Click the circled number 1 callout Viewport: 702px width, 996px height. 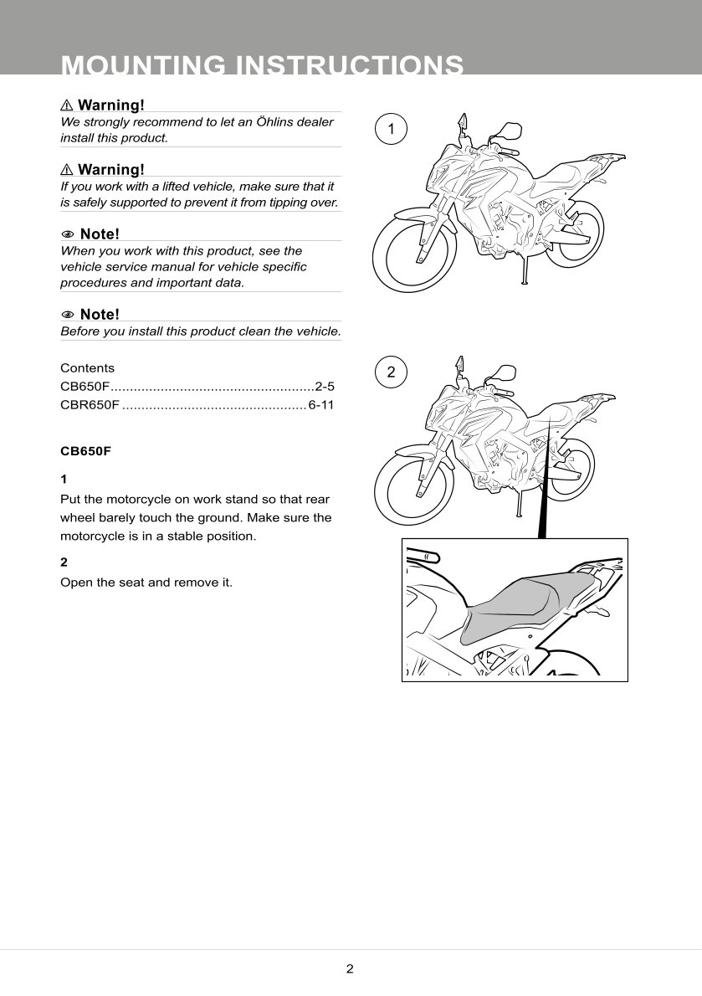click(x=391, y=129)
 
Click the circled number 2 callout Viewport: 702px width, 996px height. click(x=391, y=372)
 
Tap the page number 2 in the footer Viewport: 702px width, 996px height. click(x=350, y=969)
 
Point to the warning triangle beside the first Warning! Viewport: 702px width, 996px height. click(x=67, y=105)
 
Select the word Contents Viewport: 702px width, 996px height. click(x=87, y=368)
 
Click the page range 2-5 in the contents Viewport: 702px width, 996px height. click(x=325, y=387)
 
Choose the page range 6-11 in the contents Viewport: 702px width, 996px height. click(x=321, y=406)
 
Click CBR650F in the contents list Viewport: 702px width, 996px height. click(x=90, y=406)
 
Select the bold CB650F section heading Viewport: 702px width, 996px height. click(x=85, y=450)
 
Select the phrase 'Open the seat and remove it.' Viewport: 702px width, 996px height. click(x=146, y=582)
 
